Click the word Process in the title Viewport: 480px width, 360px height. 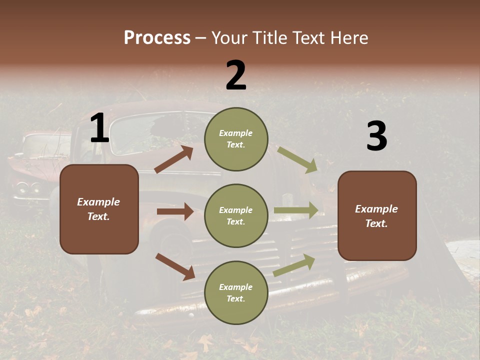pyautogui.click(x=157, y=37)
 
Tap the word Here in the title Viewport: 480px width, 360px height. pyautogui.click(x=347, y=37)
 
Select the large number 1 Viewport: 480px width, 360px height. pyautogui.click(x=99, y=129)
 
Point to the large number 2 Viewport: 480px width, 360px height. pyautogui.click(x=236, y=75)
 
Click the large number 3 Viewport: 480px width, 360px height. pyautogui.click(x=376, y=137)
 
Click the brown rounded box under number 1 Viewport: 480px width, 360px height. pyautogui.click(x=99, y=209)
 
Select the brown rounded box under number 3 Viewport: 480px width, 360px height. pyautogui.click(x=377, y=215)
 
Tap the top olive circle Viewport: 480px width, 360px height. pyautogui.click(x=236, y=139)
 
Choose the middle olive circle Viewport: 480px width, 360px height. pyautogui.click(x=236, y=215)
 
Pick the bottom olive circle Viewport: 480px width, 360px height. pyautogui.click(x=236, y=292)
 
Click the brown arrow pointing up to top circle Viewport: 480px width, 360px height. pyautogui.click(x=173, y=159)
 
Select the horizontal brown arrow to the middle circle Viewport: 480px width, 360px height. pyautogui.click(x=175, y=211)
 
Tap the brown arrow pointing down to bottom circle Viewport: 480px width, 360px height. pyautogui.click(x=175, y=266)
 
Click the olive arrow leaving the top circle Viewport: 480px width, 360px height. pyautogui.click(x=297, y=159)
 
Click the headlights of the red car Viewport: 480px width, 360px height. pyautogui.click(x=28, y=188)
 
